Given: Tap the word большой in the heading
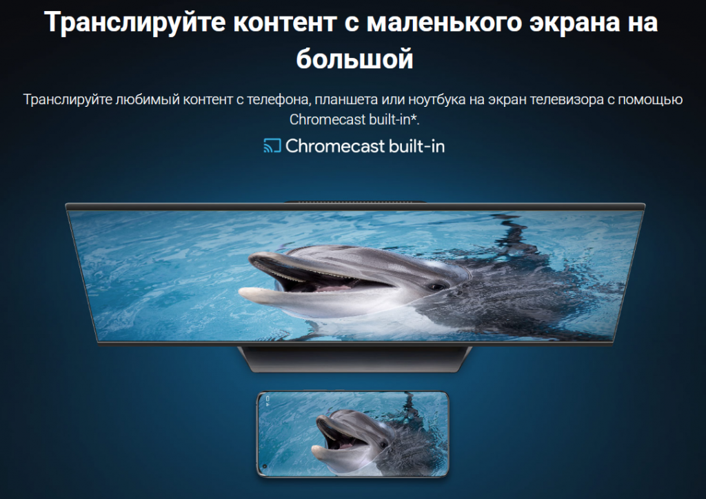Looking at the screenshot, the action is pyautogui.click(x=355, y=59).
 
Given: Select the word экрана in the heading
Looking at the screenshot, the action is pyautogui.click(x=574, y=23).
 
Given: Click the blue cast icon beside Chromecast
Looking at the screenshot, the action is pyautogui.click(x=272, y=146).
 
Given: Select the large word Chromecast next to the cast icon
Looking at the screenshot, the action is pyautogui.click(x=335, y=146).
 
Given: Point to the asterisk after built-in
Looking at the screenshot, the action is pyautogui.click(x=414, y=117).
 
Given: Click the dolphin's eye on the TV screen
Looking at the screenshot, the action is pyautogui.click(x=436, y=287).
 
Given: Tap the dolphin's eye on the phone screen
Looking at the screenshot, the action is pyautogui.click(x=384, y=445).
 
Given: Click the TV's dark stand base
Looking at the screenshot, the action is pyautogui.click(x=355, y=358).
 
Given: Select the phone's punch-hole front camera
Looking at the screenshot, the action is pyautogui.click(x=265, y=466).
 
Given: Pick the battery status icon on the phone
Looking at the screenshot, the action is pyautogui.click(x=268, y=398).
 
